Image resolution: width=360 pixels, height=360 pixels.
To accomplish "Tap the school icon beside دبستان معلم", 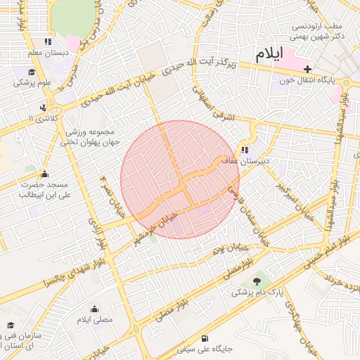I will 47,41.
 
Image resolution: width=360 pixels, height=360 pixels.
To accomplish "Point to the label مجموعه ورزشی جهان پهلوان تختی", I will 93,136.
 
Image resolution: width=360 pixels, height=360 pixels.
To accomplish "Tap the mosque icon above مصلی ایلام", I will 94,309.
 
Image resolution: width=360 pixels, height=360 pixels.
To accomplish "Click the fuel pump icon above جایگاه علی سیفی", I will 205,337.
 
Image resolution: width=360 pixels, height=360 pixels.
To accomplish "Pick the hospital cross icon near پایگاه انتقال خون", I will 307,68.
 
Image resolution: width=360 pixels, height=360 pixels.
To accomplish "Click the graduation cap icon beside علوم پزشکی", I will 32,72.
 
